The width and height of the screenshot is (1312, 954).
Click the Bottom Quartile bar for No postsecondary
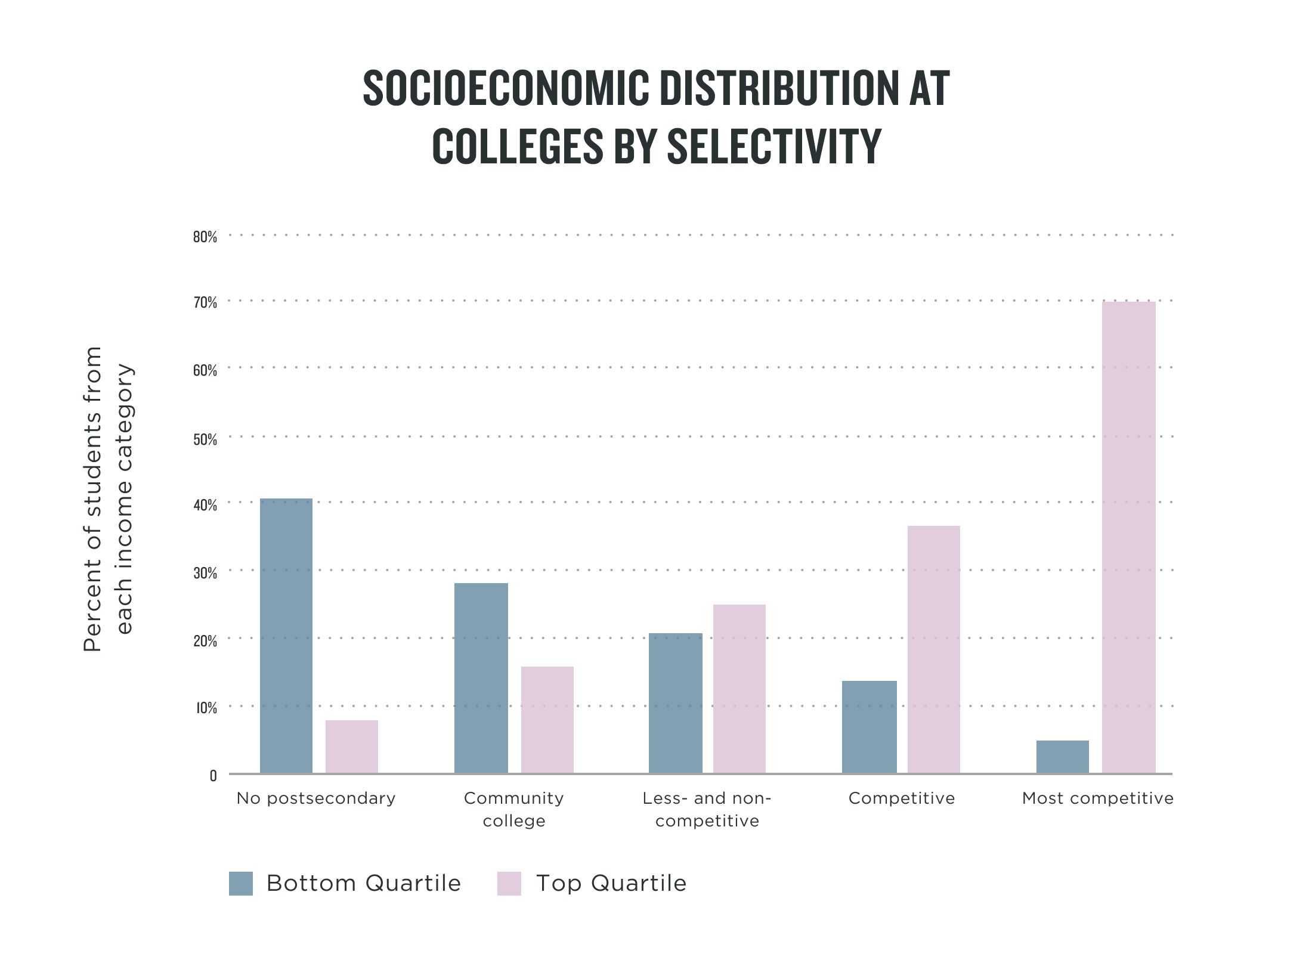tap(286, 636)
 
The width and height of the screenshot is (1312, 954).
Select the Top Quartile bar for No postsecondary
tap(352, 747)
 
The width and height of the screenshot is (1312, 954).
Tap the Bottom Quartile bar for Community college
tap(481, 678)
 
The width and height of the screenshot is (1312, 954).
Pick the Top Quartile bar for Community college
tap(547, 720)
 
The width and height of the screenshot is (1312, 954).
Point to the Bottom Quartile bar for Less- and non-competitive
tap(676, 703)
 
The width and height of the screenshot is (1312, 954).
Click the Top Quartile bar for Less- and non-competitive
tap(739, 689)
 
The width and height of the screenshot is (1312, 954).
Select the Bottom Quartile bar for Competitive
tap(869, 727)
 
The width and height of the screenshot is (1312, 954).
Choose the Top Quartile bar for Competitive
tap(934, 649)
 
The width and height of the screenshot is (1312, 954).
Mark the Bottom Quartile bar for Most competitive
tap(1063, 757)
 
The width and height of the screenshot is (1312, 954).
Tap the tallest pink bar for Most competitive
tap(1129, 537)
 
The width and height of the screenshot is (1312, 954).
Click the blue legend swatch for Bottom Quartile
tap(241, 883)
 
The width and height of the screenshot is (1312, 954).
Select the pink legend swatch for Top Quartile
tap(509, 883)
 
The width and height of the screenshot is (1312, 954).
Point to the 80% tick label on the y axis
tap(205, 237)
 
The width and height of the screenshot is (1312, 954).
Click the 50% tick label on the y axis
tap(205, 440)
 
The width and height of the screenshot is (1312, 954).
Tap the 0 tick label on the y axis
tap(213, 776)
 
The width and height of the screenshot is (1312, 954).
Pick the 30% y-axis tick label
tap(205, 574)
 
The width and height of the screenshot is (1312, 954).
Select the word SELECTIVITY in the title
tap(774, 146)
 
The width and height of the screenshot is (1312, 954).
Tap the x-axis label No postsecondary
tap(316, 798)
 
